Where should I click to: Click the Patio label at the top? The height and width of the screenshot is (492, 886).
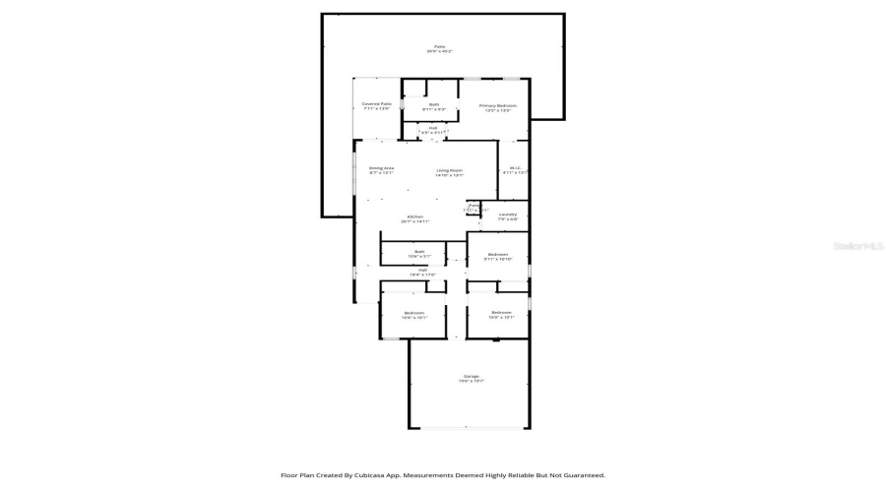coord(440,46)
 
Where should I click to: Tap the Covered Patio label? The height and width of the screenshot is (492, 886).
coord(376,103)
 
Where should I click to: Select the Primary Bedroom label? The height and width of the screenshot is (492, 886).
coord(497,105)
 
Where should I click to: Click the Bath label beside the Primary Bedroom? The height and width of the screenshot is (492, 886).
coord(434,104)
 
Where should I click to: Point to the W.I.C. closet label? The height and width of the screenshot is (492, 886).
coord(515,168)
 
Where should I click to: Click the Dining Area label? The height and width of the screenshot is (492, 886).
coord(381,168)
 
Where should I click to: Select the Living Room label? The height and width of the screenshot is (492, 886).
coord(450,170)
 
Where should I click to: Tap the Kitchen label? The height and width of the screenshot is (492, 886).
coord(414,216)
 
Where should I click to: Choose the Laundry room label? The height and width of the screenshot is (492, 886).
coord(508,215)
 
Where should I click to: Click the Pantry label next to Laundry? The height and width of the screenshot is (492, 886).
coord(475,206)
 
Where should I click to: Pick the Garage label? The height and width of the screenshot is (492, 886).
coord(471,377)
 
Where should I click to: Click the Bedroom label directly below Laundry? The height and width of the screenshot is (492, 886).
coord(498,255)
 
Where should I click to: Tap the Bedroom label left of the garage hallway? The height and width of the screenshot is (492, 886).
coord(413,314)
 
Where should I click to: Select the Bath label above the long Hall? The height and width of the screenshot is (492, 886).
coord(419,252)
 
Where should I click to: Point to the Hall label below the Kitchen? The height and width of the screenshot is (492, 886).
coord(422,270)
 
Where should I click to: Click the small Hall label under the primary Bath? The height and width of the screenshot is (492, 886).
coord(433,128)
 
